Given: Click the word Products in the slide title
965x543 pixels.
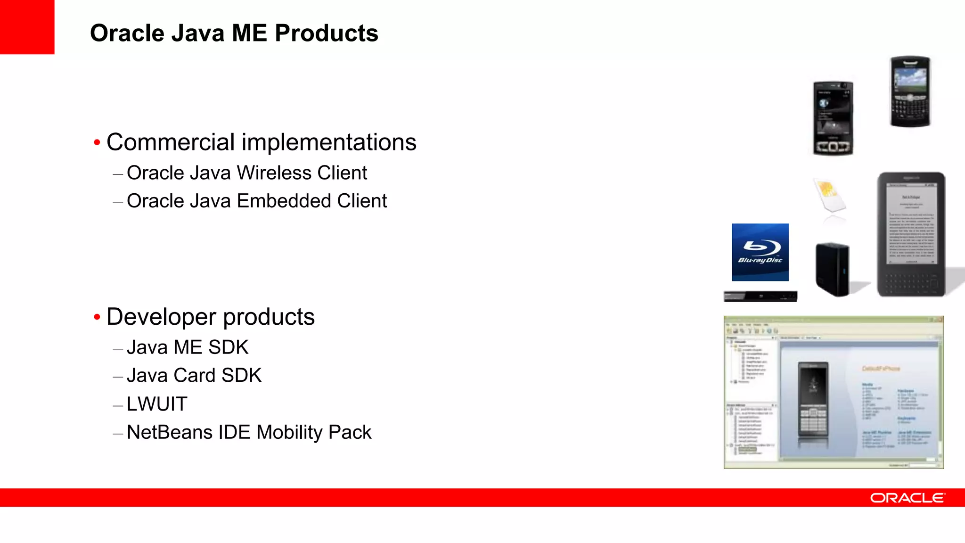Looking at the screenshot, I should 326,33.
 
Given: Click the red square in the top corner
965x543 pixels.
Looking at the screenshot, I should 27,27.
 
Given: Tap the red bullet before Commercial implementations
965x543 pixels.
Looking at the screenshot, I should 97,142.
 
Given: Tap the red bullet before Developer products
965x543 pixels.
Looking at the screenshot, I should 97,317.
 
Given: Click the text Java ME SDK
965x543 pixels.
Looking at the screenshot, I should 188,348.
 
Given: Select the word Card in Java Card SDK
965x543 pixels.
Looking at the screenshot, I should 194,376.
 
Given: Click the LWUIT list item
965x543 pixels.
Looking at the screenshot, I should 157,404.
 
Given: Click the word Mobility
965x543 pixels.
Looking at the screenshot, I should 289,433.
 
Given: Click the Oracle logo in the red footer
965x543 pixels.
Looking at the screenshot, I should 907,498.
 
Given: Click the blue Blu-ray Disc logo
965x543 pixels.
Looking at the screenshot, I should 760,252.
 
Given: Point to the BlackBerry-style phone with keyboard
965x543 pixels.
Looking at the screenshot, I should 910,91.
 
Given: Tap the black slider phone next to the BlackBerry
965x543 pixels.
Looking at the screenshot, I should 833,118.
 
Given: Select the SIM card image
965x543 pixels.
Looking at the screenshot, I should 829,197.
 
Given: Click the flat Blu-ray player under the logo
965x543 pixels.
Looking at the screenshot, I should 761,296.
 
